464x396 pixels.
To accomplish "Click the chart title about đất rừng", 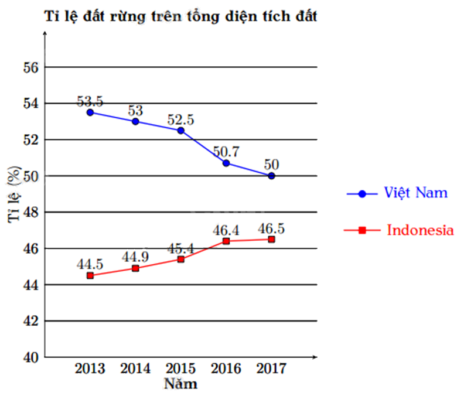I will [181, 16].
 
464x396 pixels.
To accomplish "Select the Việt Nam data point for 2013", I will [90, 112].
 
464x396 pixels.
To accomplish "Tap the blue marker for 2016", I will [226, 163].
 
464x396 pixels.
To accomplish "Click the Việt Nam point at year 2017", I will [271, 176].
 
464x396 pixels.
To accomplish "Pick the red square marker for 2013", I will [90, 275].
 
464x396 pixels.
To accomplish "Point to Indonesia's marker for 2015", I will [180, 259].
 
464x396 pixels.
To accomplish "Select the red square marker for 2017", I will [271, 239].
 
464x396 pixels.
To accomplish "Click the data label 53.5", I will [90, 101].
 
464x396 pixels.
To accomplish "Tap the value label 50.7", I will [226, 151].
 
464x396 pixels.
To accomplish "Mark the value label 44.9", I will [135, 257].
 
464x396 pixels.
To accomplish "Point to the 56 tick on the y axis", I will [31, 67].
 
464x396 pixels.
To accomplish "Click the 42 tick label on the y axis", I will [31, 321].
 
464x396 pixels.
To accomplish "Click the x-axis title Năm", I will [180, 384].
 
